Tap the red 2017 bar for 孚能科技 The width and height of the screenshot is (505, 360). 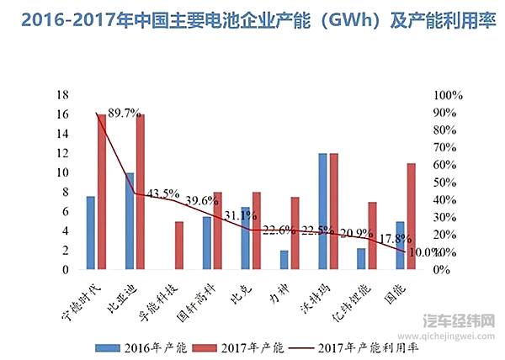coord(179,246)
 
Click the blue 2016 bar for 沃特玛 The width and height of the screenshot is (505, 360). coord(322,211)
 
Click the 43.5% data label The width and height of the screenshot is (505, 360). coord(162,193)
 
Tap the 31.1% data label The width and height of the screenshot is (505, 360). coord(240,216)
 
